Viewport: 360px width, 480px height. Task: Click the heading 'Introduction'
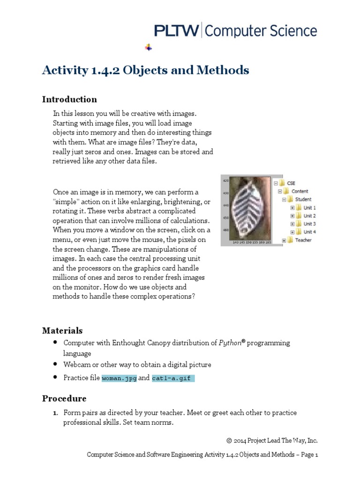[69, 99]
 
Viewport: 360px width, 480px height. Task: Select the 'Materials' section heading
[62, 330]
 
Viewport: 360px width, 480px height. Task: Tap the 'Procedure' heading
[64, 398]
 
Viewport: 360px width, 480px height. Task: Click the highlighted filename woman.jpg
[119, 378]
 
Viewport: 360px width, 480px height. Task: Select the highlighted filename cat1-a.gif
[172, 378]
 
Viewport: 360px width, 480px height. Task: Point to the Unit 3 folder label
[309, 224]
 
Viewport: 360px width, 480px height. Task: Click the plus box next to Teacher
[284, 240]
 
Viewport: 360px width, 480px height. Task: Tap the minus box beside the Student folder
[284, 199]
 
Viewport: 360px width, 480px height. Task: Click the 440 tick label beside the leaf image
[225, 205]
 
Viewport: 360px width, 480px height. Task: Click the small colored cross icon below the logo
[149, 47]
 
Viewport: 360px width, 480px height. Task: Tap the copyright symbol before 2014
[229, 440]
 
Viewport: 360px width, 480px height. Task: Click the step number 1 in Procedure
[54, 413]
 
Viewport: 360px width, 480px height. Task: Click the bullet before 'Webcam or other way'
[56, 364]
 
